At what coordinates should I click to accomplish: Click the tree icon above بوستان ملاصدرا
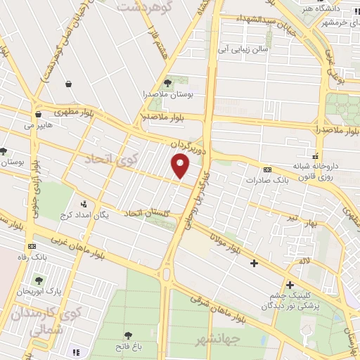(167, 84)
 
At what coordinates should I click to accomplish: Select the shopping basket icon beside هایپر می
(37, 113)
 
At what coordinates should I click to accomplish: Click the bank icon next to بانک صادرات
(267, 170)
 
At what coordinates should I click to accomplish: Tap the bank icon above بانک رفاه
(32, 247)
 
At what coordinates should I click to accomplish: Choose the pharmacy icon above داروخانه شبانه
(316, 156)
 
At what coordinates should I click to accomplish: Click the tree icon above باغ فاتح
(128, 336)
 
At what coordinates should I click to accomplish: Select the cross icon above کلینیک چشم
(289, 285)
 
